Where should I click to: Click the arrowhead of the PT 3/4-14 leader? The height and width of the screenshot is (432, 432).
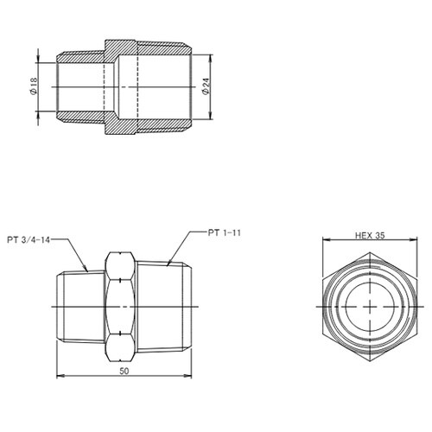(88, 270)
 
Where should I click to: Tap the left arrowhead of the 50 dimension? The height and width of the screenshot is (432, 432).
(59, 376)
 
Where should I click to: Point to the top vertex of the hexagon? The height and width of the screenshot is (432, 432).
(368, 251)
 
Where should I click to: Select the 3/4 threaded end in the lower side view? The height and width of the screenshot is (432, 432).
(78, 307)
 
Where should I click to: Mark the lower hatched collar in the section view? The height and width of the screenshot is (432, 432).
(121, 130)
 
